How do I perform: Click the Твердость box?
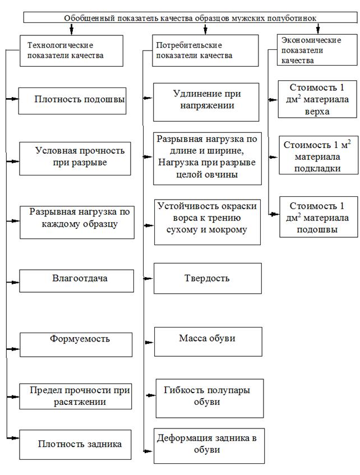(x=207, y=279)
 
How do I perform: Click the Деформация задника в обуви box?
(x=209, y=445)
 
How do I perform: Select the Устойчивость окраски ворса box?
(x=207, y=222)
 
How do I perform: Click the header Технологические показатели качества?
(x=64, y=50)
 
